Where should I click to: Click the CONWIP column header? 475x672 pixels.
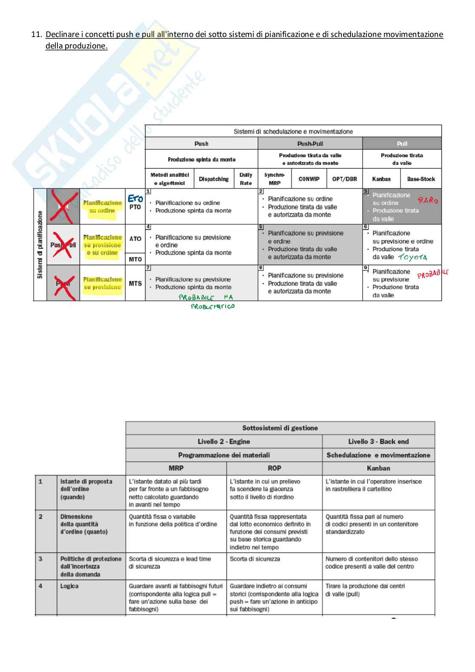point(309,179)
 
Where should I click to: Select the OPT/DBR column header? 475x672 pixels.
point(344,179)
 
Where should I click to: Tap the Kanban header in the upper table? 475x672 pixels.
point(381,179)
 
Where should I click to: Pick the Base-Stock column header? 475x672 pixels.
point(421,179)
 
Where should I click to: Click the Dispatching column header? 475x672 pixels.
point(214,179)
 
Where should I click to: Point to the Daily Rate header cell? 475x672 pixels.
point(246,179)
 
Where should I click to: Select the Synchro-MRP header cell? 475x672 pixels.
point(275,179)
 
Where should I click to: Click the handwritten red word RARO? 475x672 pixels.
point(427,200)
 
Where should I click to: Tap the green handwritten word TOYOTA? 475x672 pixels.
point(412,257)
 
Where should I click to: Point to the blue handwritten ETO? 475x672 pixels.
point(135,198)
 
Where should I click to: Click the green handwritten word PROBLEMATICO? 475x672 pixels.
point(212,306)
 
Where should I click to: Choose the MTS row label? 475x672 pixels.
point(135,283)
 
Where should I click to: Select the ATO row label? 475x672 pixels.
point(135,239)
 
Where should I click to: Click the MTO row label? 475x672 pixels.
point(135,259)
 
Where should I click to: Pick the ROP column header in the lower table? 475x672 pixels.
point(274,468)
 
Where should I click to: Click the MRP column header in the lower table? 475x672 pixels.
point(176,468)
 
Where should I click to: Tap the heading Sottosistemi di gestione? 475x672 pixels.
point(280,428)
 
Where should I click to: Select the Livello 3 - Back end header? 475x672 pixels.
point(378,442)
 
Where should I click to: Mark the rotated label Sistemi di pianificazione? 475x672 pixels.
point(40,245)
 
